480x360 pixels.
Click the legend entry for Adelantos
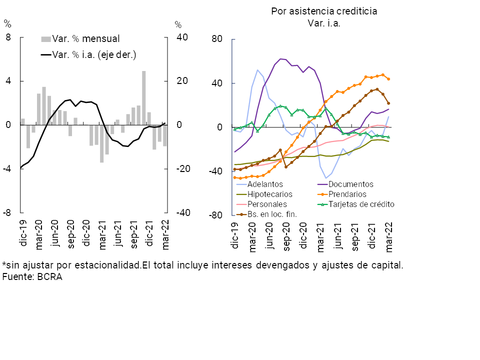click(x=265, y=184)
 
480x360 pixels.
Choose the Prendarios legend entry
click(x=348, y=194)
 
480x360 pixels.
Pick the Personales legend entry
click(x=267, y=204)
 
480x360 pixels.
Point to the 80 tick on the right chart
click(x=217, y=39)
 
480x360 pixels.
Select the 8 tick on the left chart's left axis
click(x=8, y=37)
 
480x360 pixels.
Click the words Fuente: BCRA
click(x=32, y=276)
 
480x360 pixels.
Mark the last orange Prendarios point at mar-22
click(x=388, y=79)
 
